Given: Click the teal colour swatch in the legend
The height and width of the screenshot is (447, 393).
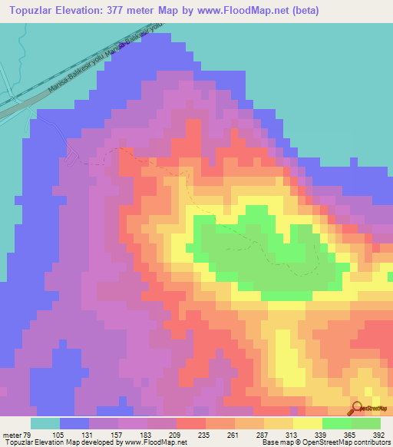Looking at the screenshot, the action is point(45,423).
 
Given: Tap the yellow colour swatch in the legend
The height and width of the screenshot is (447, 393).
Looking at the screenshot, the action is point(307,423).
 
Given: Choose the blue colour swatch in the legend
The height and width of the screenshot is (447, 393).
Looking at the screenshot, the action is point(74,423).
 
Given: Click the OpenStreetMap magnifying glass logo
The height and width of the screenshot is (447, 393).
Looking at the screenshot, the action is point(357,409).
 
